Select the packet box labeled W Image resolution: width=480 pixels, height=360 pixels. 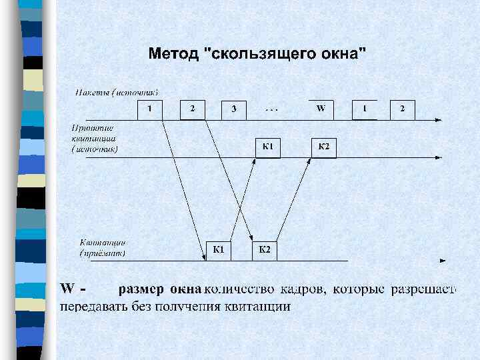[321, 109]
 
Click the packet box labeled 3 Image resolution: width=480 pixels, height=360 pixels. [233, 109]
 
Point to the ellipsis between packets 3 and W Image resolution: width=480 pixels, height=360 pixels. [272, 108]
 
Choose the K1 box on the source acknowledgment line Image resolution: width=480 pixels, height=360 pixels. [268, 147]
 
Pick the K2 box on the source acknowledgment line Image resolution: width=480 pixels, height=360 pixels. [324, 147]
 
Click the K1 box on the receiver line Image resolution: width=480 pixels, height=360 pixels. [219, 250]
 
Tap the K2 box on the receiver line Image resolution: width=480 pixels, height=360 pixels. [264, 250]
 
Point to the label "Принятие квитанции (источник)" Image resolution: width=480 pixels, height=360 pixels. [94, 139]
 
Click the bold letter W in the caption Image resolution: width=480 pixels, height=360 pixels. [67, 289]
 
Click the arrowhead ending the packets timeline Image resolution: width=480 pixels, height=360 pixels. [438, 120]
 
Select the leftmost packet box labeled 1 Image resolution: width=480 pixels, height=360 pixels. [150, 109]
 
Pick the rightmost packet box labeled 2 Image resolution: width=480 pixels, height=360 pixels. [402, 109]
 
